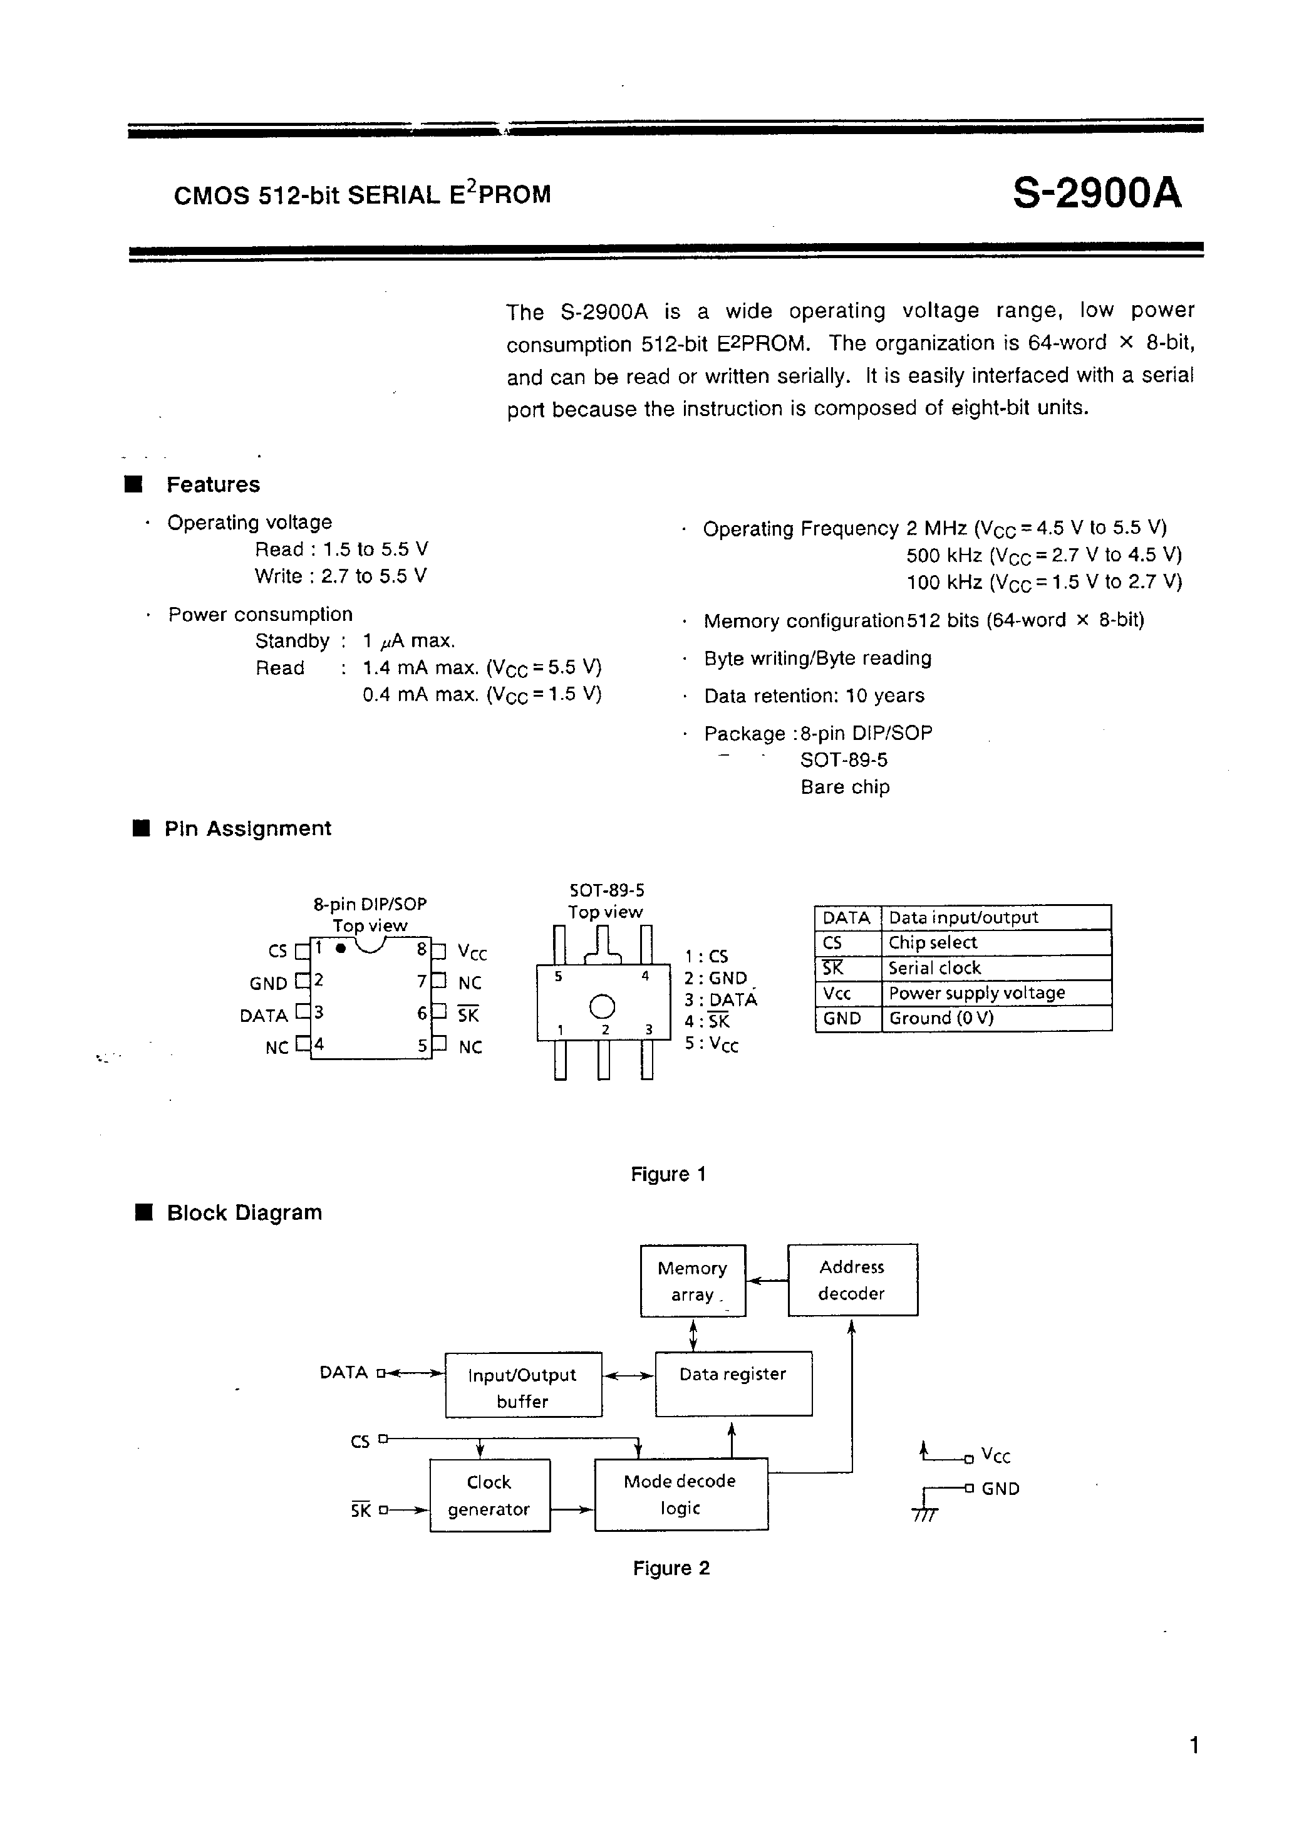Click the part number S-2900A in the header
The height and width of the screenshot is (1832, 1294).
coord(1096,192)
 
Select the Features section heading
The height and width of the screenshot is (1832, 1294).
coord(212,484)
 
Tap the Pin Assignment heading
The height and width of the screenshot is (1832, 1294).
coord(247,828)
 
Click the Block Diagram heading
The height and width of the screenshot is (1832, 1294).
coord(244,1213)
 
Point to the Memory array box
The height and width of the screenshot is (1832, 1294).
coord(693,1281)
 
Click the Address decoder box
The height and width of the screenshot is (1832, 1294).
coord(852,1280)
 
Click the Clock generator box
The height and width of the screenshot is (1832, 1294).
coord(489,1496)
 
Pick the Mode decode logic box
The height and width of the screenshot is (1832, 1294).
coord(680,1494)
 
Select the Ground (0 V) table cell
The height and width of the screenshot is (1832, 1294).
coord(941,1018)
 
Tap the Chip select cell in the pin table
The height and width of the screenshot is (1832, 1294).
coord(932,942)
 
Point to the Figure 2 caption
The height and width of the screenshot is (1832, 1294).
coord(671,1568)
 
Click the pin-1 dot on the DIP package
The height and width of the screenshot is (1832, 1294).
coord(341,948)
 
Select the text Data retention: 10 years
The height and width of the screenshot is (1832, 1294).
coord(814,696)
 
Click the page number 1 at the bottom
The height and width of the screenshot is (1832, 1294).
coord(1194,1745)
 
